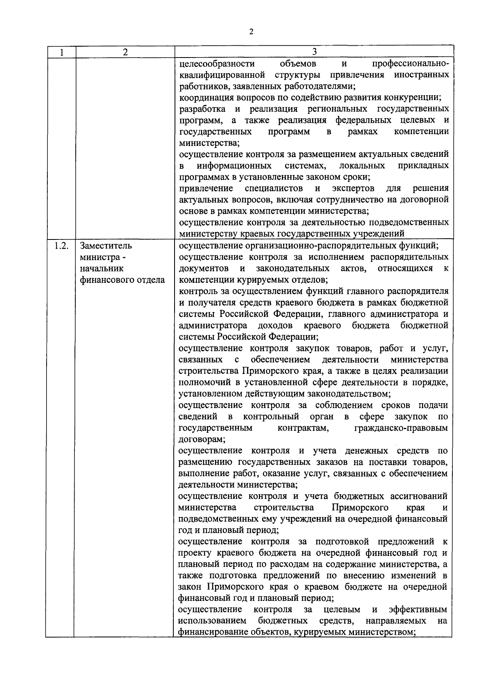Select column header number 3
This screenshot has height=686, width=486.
pyautogui.click(x=314, y=52)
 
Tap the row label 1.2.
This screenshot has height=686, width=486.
pyautogui.click(x=61, y=246)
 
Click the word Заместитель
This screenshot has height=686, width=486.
pyautogui.click(x=107, y=246)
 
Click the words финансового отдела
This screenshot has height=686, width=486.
pyautogui.click(x=122, y=280)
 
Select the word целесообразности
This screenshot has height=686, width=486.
pyautogui.click(x=217, y=64)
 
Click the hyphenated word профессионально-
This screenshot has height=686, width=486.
pyautogui.click(x=410, y=64)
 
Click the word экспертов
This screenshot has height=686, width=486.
pyautogui.click(x=353, y=188)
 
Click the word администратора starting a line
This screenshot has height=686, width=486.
pyautogui.click(x=213, y=326)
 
